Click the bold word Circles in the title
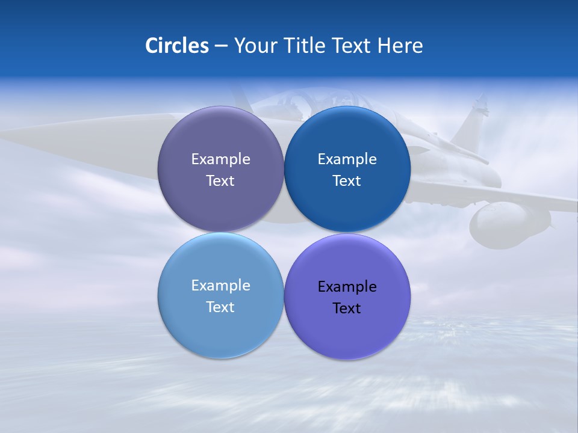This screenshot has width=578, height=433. point(177,46)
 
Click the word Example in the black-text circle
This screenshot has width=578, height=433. point(347,287)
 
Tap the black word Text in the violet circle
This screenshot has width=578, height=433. point(347,309)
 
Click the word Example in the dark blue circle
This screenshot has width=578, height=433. point(347,159)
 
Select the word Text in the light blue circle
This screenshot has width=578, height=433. point(220,307)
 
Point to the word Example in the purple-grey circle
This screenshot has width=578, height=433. point(220,159)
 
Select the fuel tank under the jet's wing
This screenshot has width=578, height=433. point(506,226)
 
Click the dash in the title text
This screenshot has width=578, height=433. point(221,46)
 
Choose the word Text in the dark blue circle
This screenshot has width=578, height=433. point(347,181)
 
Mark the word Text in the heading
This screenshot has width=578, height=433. point(352,46)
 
